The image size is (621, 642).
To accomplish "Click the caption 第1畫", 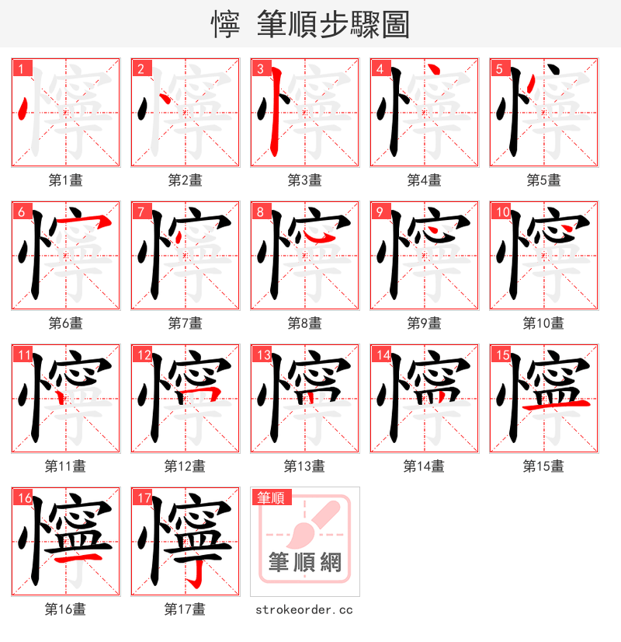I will point(66,180).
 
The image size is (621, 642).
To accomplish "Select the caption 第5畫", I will point(543,180).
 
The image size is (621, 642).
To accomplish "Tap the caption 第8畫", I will point(304,323).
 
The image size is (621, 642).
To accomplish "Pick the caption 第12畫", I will point(185,466).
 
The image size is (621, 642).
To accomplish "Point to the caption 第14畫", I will point(424,466).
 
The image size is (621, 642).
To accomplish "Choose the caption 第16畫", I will point(66,609).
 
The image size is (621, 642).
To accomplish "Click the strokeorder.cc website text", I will point(304,609).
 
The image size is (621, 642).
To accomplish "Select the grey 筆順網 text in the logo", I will point(304,562).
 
